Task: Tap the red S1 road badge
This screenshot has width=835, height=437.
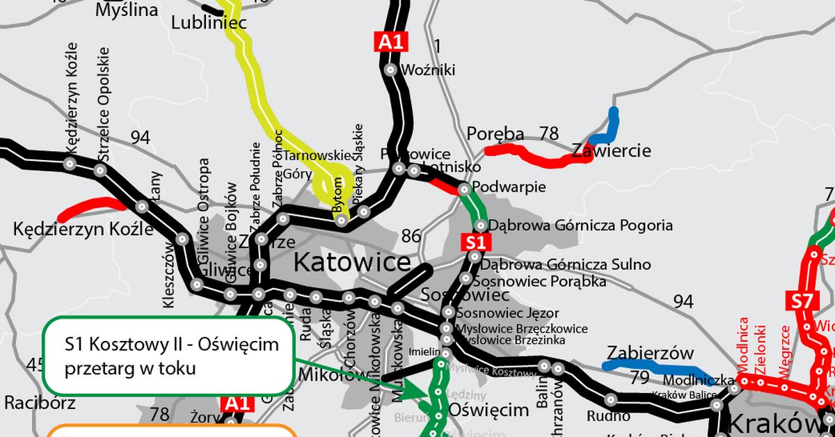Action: point(475,242)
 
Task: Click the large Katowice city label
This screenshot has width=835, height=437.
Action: point(352,262)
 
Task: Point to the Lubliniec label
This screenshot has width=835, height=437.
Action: point(209,24)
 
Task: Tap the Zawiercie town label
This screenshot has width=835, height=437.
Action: point(611,150)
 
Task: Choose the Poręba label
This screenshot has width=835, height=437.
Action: point(495,134)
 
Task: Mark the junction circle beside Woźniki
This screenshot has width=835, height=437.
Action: point(390,70)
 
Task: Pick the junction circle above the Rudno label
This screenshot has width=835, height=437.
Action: point(610,399)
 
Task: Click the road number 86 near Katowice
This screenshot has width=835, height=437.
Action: point(411,236)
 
